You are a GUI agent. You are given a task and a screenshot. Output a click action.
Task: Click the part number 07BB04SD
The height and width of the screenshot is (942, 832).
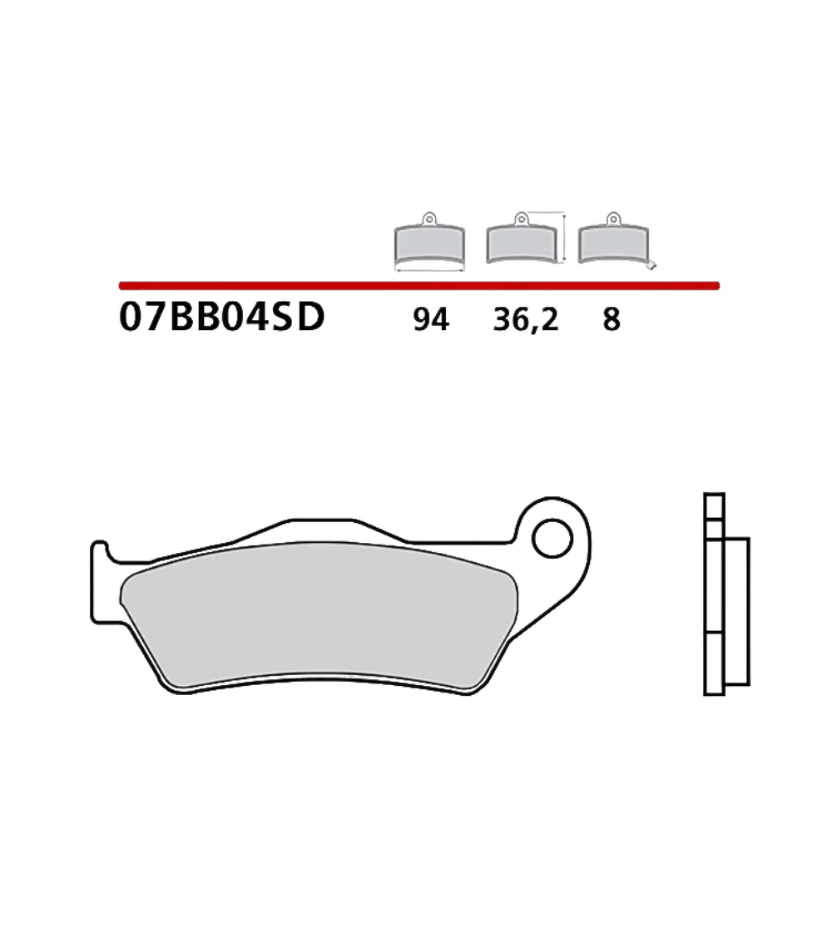pos(221,318)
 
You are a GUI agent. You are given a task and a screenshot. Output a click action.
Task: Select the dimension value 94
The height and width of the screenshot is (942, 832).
pos(430,319)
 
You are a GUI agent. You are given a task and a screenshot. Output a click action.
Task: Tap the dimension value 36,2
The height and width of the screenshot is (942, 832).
pos(525,319)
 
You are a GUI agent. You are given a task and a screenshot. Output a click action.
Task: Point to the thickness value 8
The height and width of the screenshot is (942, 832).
pos(612,319)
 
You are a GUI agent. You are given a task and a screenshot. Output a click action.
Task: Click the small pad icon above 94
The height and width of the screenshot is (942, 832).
pos(428,244)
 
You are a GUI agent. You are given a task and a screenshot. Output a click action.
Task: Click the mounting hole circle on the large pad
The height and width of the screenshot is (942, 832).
pos(552,540)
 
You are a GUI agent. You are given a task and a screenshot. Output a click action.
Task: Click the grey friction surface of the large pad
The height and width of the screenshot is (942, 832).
pos(316,615)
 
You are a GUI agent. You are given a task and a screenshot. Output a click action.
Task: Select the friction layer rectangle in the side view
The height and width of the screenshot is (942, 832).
pos(737,612)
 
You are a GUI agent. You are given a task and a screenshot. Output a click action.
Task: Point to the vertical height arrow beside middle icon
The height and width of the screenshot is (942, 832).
pos(565,238)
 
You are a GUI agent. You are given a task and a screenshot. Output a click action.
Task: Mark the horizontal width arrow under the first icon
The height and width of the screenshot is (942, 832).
pos(428,270)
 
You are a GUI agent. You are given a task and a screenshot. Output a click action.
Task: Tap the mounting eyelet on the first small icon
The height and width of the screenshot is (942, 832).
pos(428,219)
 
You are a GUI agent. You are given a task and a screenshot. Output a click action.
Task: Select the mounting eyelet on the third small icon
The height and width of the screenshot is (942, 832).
pos(613,219)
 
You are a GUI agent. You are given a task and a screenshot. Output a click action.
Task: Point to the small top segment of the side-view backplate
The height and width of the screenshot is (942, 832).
pos(714,506)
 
